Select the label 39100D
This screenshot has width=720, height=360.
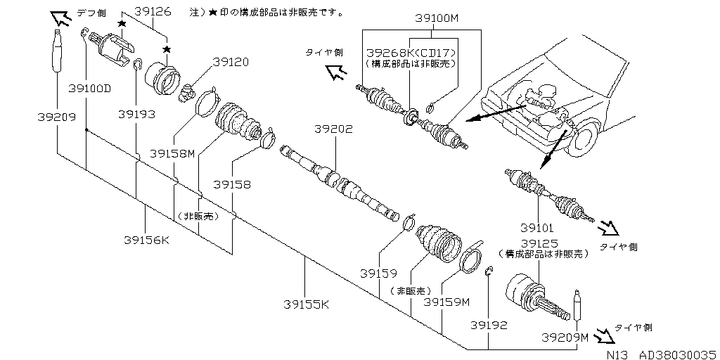coord(90,88)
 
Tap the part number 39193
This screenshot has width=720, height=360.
coord(136,113)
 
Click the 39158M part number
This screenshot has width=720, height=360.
coord(172,153)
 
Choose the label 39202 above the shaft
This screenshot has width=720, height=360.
coord(333,129)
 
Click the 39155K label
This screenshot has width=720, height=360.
coord(306,304)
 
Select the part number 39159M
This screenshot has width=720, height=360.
coord(446,302)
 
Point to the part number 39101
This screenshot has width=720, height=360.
coord(538,228)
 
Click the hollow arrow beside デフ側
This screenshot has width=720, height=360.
coord(60,18)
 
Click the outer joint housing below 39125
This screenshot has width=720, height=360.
coord(525,292)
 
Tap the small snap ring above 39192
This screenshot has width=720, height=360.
coord(488,271)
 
